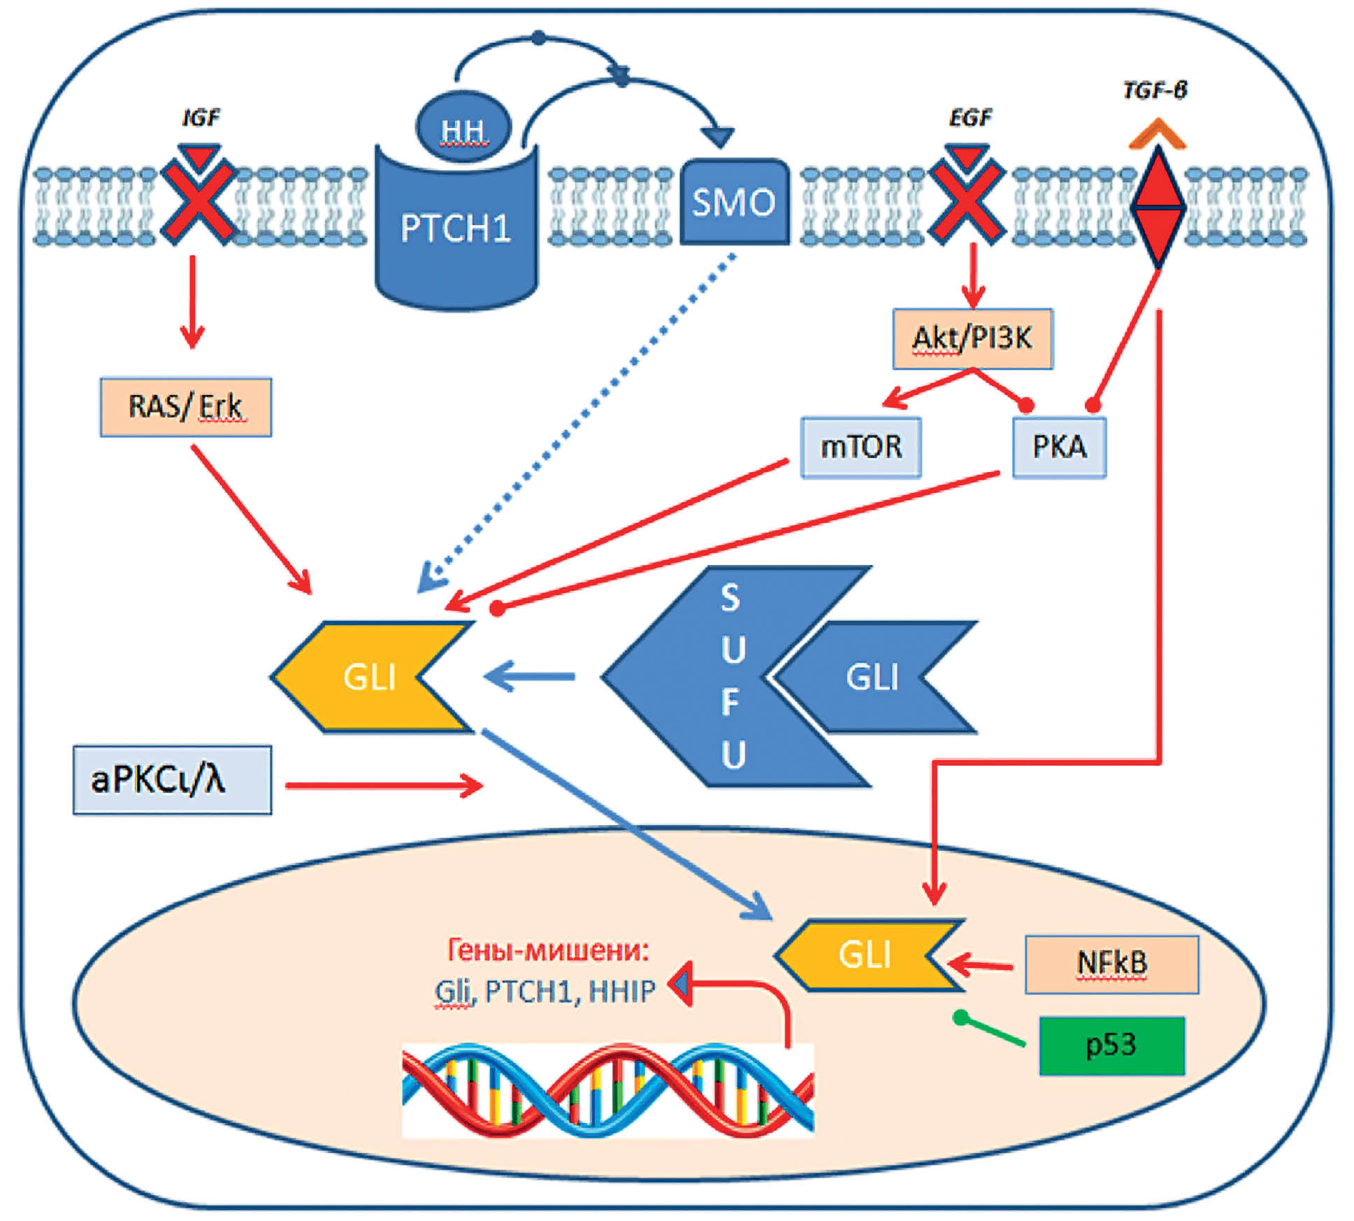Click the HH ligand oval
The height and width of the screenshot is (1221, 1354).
point(463,127)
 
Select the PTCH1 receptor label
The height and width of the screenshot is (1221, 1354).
point(456,228)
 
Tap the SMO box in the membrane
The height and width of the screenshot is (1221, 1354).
point(734,202)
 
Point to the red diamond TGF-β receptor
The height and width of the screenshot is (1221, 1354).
point(1158,207)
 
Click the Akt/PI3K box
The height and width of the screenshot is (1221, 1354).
point(972,338)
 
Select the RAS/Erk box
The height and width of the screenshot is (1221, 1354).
point(185,407)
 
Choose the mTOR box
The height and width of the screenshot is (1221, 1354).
point(860,447)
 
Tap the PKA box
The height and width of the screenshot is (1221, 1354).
point(1059,447)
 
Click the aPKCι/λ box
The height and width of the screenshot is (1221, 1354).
point(172,779)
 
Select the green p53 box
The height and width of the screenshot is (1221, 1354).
point(1111,1045)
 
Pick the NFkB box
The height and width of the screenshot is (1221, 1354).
point(1111,964)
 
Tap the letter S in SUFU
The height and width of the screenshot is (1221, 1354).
point(730,599)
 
